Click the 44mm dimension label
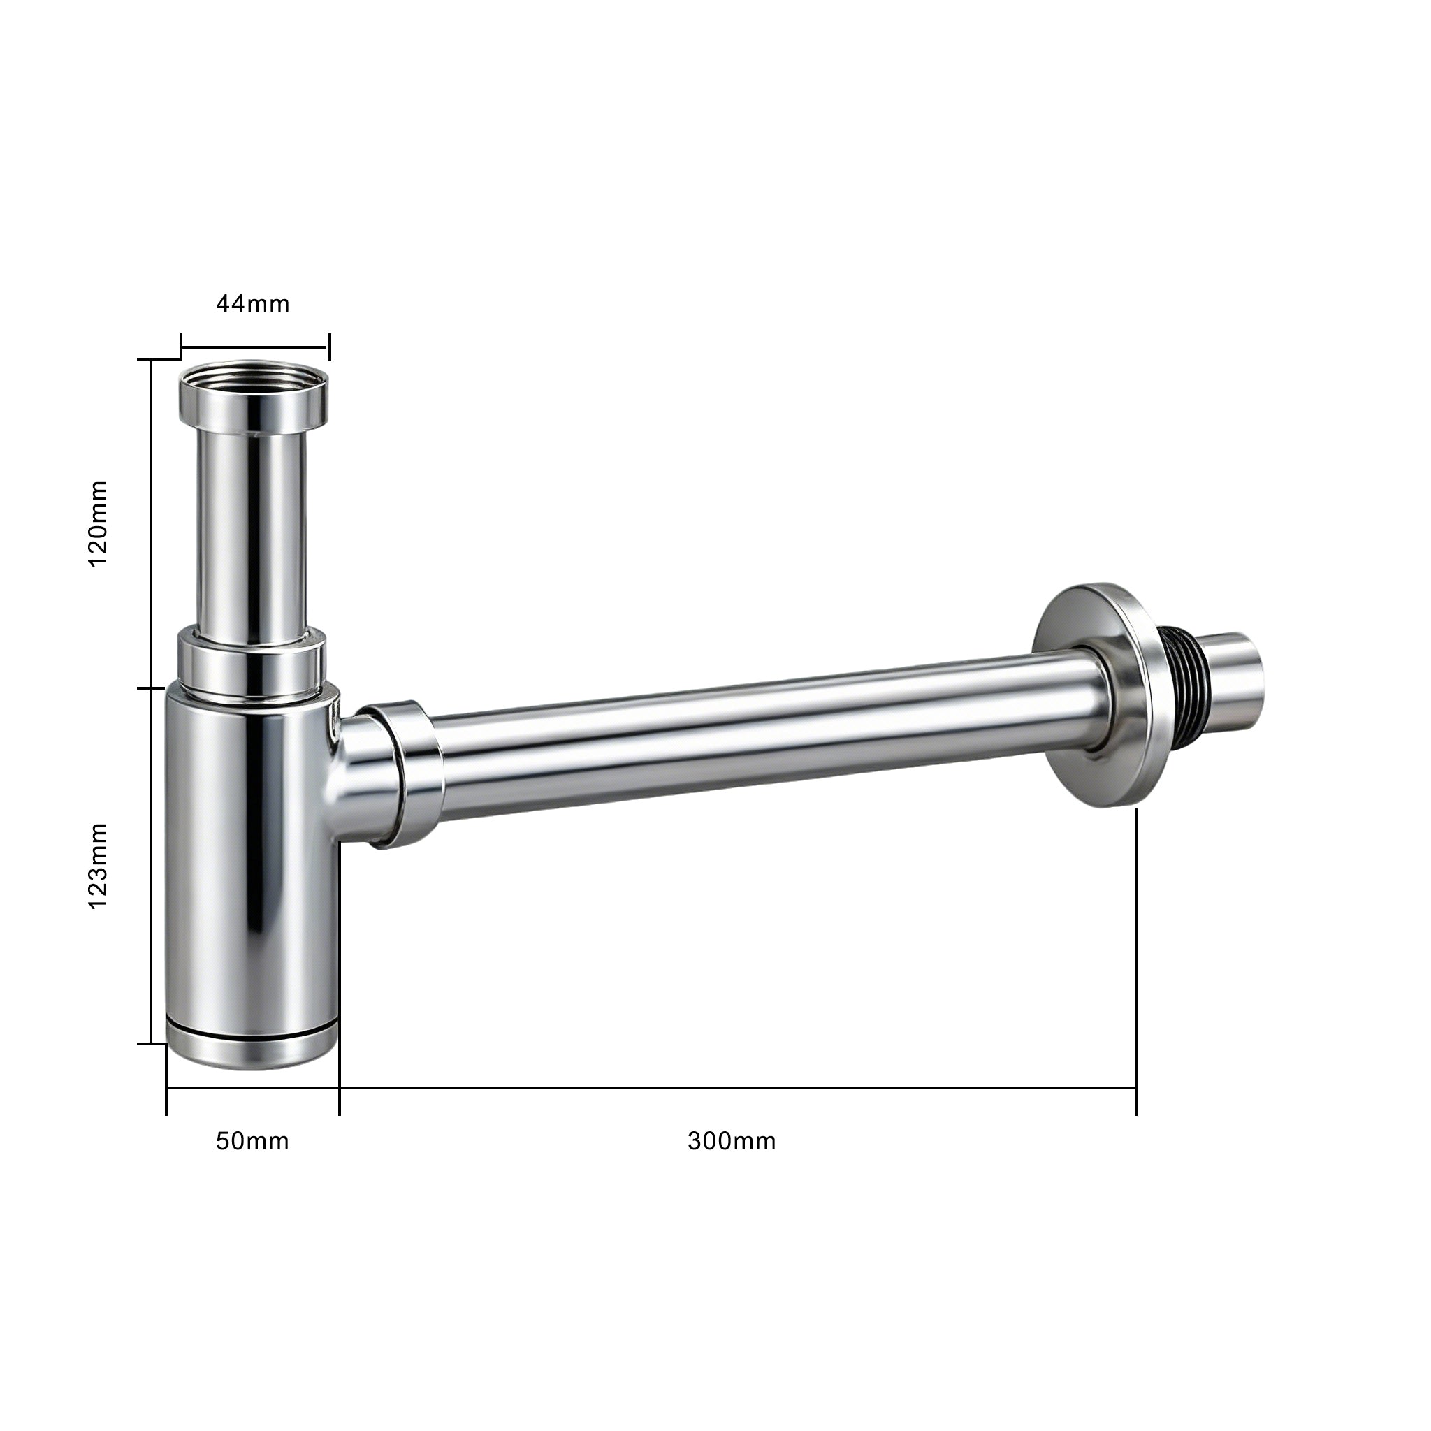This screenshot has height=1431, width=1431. pyautogui.click(x=252, y=305)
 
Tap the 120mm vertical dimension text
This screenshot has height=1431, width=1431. pyautogui.click(x=98, y=523)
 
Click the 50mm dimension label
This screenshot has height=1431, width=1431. pyautogui.click(x=252, y=1142)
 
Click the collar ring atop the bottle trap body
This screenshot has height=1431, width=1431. pyautogui.click(x=252, y=662)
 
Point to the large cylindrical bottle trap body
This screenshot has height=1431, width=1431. pyautogui.click(x=252, y=859)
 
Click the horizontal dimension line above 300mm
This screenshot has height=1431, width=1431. pyautogui.click(x=737, y=1088)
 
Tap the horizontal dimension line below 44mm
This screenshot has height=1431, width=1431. pyautogui.click(x=255, y=347)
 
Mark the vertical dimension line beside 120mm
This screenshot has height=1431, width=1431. pyautogui.click(x=152, y=523)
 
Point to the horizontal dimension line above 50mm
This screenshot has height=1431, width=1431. pyautogui.click(x=252, y=1088)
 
